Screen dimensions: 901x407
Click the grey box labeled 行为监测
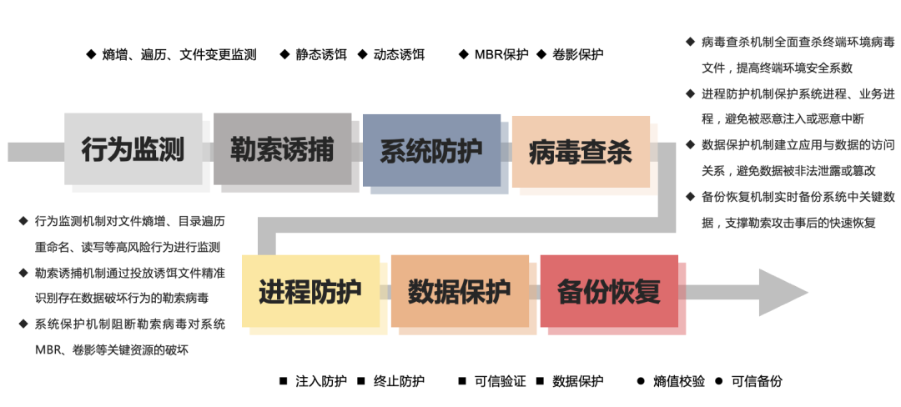pyautogui.click(x=133, y=149)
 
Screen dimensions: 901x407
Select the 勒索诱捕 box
pyautogui.click(x=282, y=148)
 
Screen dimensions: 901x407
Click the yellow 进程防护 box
pyautogui.click(x=310, y=291)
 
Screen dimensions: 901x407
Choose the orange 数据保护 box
pyautogui.click(x=460, y=291)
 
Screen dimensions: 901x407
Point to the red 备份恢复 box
pyautogui.click(x=609, y=291)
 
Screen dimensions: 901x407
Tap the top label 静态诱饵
pyautogui.click(x=320, y=55)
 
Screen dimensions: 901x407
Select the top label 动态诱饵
pyautogui.click(x=399, y=55)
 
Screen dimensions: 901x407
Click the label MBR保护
pyautogui.click(x=501, y=55)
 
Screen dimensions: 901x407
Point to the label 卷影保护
pyautogui.click(x=578, y=55)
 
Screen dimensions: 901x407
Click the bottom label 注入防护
pyautogui.click(x=321, y=381)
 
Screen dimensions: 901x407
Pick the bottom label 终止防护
pyautogui.click(x=399, y=381)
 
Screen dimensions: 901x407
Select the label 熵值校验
pyautogui.click(x=679, y=381)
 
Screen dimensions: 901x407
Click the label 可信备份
pyautogui.click(x=757, y=381)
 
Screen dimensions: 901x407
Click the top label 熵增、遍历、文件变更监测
pyautogui.click(x=179, y=55)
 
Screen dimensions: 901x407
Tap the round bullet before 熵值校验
pyautogui.click(x=641, y=381)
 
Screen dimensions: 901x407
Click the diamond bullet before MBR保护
pyautogui.click(x=463, y=55)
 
